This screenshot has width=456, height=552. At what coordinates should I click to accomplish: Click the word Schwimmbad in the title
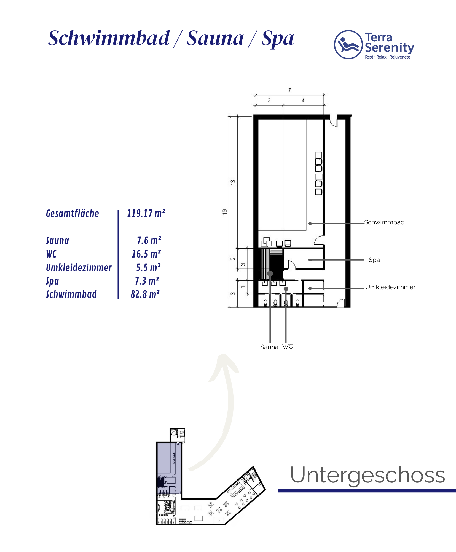click(109, 38)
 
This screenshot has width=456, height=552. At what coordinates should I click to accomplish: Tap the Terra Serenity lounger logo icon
click(348, 45)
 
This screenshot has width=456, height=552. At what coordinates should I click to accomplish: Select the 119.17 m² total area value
click(146, 213)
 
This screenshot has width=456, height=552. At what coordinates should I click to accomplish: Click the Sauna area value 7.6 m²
click(149, 240)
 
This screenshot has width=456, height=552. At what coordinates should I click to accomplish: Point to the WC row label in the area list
click(51, 254)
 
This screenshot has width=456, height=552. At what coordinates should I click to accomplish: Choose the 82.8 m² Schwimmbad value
click(145, 294)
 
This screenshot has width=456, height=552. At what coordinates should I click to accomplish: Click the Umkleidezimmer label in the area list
click(79, 267)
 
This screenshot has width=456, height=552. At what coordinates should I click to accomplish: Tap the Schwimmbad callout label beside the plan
click(384, 222)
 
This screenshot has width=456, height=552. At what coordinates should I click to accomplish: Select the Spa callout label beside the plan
click(374, 260)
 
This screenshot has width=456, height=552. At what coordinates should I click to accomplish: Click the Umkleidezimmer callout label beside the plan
click(390, 287)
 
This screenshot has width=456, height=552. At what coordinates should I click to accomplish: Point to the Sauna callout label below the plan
click(269, 347)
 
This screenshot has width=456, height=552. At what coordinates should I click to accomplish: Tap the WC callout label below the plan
click(288, 346)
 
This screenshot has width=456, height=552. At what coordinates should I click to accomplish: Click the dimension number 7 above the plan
click(289, 90)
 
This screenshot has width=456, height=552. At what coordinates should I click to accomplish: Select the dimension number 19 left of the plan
click(225, 212)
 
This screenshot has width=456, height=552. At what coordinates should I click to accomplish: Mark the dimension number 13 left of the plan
click(233, 182)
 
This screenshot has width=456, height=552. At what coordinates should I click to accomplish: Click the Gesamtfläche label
click(72, 213)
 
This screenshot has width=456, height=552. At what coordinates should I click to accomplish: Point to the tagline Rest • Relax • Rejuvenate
click(387, 57)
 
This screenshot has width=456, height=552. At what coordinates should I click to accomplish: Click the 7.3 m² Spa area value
click(147, 281)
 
